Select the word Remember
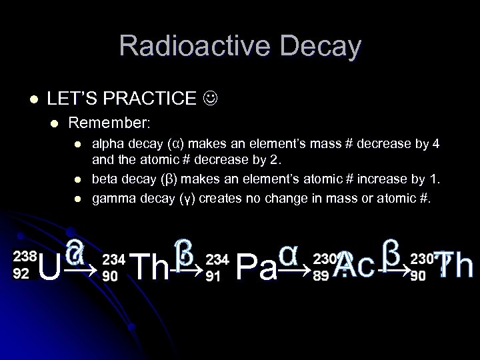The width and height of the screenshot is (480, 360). point(109,123)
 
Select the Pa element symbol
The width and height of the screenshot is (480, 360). point(256,269)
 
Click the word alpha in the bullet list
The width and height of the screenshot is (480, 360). point(107,143)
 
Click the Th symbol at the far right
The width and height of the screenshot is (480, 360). point(453,266)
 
